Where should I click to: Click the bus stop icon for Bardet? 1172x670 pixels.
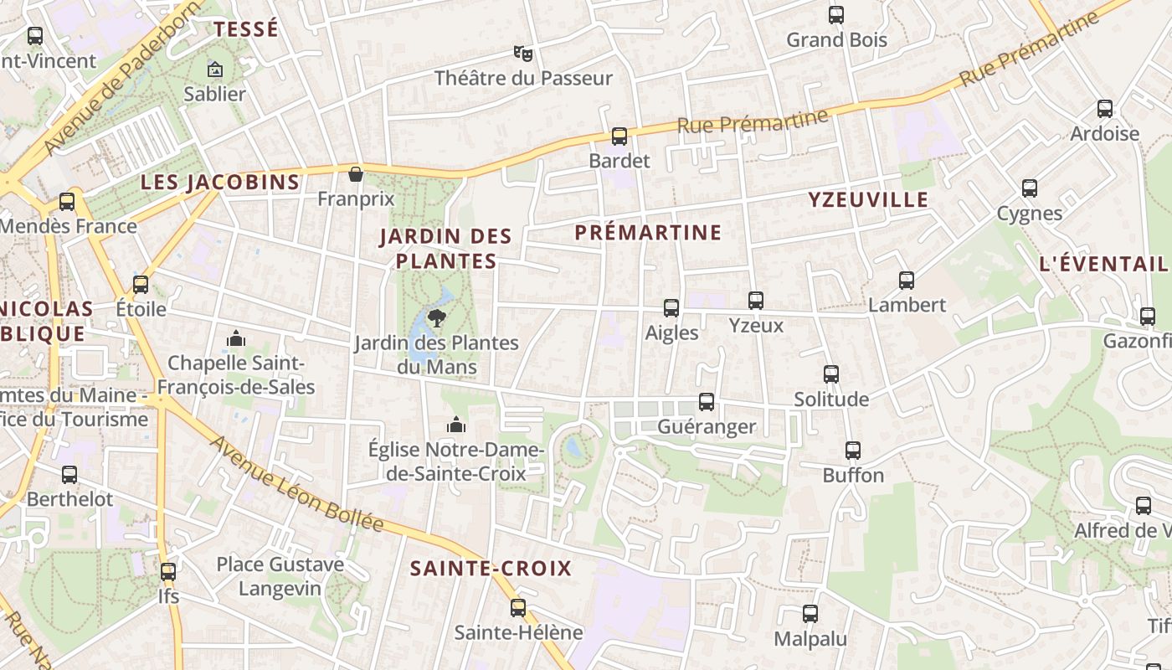point(619,136)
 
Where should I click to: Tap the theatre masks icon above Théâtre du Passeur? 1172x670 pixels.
point(523,54)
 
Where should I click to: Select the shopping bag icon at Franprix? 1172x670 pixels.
point(356,174)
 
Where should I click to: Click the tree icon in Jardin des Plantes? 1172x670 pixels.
point(436,317)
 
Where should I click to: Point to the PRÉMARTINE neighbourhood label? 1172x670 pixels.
point(648,233)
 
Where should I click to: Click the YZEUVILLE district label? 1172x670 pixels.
point(868,199)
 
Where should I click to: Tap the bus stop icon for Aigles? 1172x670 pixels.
point(671,308)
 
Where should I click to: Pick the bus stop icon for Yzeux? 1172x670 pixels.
point(756,300)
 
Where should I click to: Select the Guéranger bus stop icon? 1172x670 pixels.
point(707,402)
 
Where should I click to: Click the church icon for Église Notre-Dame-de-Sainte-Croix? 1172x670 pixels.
point(456,425)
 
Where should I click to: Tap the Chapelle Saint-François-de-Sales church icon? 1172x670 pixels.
point(236,338)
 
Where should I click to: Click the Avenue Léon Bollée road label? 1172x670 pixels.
point(296,484)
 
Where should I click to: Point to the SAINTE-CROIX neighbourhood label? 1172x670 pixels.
point(491,569)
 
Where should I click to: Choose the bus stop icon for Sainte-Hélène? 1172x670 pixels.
point(518,607)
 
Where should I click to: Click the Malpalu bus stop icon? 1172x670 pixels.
point(810,614)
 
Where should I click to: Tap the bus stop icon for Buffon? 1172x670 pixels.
point(853,451)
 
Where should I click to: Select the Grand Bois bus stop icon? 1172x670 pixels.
point(835,14)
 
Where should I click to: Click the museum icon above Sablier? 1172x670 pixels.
point(215,70)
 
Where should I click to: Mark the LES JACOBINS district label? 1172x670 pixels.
point(220,182)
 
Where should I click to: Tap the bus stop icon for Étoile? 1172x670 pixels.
point(141,284)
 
